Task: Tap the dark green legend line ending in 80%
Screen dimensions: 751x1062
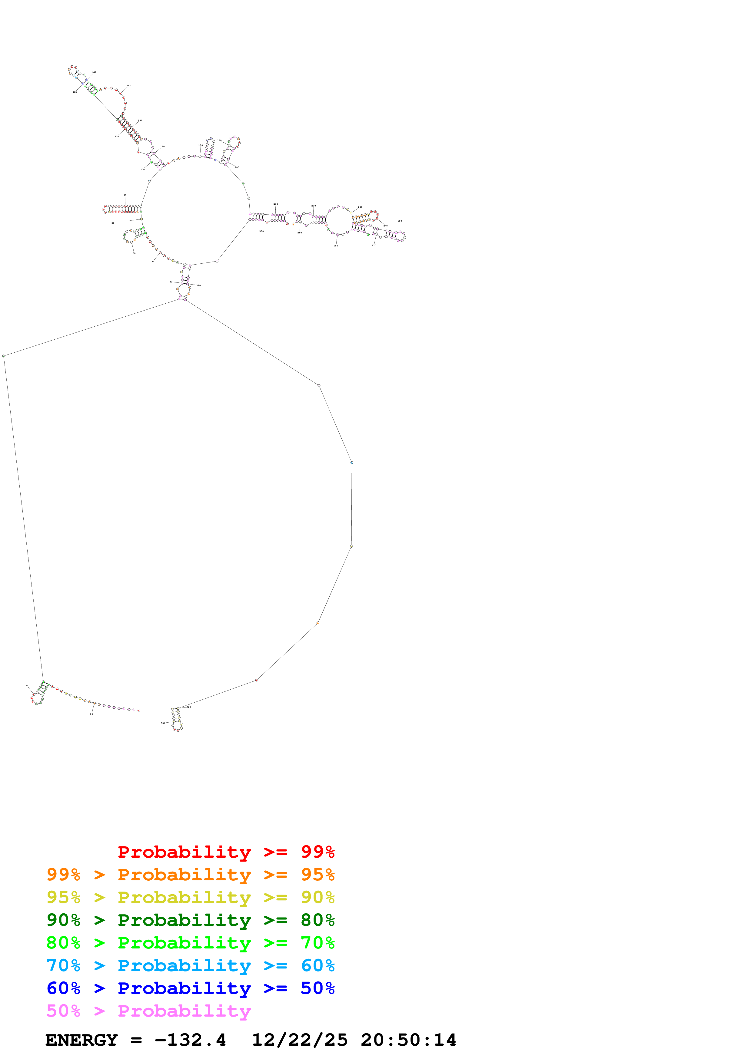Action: coord(190,920)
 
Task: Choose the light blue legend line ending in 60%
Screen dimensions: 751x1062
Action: coord(190,965)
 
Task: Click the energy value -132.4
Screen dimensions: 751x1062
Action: coord(190,1040)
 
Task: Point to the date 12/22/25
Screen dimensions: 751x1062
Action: coord(299,1040)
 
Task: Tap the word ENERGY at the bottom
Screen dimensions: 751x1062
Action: coord(81,1040)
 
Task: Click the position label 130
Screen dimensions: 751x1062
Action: coord(95,72)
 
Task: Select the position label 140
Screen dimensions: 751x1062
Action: coord(129,86)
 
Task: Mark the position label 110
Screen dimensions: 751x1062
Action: coord(117,137)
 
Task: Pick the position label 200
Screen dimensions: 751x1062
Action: coord(237,167)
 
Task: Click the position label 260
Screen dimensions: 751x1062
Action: coord(400,221)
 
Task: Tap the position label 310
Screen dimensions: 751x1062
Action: coord(198,285)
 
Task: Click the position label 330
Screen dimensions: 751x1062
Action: coord(163,723)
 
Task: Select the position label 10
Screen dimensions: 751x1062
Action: coord(91,714)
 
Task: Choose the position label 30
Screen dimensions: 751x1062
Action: coord(27,685)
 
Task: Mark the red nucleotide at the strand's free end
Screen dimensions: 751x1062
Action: coord(139,710)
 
